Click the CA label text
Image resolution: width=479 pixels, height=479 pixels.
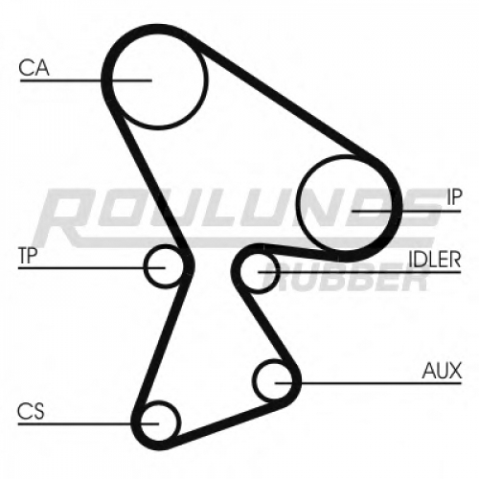coord(34,68)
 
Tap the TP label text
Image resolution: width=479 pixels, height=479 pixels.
coord(28,256)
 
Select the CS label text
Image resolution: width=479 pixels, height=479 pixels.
coord(31,411)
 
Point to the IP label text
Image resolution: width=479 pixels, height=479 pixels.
coord(454,197)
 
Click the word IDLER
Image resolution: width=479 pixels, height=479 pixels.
coord(435,259)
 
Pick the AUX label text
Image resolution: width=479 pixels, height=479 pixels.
coord(442,371)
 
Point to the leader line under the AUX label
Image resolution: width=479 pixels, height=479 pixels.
coord(368,382)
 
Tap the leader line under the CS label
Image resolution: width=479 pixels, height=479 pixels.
coord(88,424)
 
